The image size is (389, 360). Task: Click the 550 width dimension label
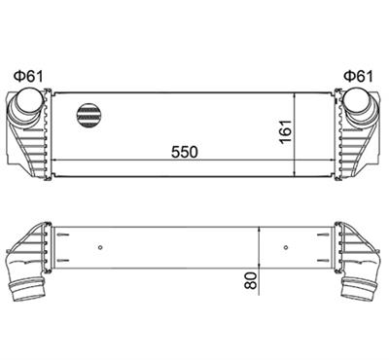184,152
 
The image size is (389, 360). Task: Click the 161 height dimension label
286,131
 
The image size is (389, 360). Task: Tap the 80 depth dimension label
251,280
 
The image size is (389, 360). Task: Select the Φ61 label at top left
28,77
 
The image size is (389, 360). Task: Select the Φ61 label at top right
359,77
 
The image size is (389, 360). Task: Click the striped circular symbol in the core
88,116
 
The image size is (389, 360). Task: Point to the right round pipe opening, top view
357,99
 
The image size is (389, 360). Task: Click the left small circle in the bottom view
100,247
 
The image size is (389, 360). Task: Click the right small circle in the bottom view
286,247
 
